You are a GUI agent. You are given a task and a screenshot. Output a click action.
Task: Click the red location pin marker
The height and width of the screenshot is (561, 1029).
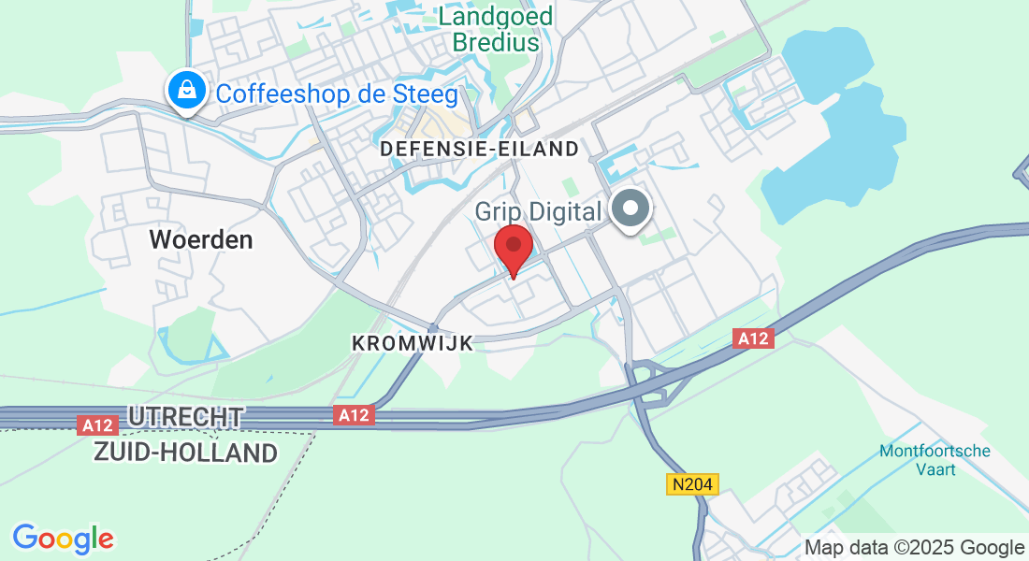coord(513,247)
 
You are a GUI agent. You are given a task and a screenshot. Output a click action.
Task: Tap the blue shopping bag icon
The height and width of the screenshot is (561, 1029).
coord(188,91)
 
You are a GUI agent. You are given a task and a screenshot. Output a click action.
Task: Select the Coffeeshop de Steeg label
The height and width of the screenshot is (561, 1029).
coord(337,94)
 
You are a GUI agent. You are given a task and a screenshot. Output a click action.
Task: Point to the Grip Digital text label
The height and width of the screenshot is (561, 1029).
coord(538,211)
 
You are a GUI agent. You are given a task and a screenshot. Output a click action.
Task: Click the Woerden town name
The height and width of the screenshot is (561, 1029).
coord(201,239)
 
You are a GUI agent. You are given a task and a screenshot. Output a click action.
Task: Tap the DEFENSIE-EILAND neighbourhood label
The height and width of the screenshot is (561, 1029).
coord(479,149)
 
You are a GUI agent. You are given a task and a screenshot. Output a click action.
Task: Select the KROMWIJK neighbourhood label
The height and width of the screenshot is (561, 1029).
coord(413,343)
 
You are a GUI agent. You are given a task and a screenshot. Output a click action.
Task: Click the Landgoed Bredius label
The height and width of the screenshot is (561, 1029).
coord(496,29)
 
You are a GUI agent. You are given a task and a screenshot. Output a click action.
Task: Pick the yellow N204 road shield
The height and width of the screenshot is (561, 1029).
coord(693,483)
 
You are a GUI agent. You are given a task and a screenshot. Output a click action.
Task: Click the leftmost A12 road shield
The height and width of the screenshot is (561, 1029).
coord(97,425)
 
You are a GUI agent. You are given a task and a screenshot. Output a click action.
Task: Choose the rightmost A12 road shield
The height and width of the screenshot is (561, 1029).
coord(753,338)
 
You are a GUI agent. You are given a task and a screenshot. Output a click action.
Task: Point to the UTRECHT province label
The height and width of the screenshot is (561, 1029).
coord(186,417)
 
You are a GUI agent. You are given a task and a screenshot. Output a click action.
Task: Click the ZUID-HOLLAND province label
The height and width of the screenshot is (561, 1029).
coord(186,453)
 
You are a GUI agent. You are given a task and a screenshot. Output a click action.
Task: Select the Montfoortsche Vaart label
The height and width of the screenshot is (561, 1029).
coord(935,459)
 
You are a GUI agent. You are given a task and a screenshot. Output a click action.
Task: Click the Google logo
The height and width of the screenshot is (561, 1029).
coord(63,538)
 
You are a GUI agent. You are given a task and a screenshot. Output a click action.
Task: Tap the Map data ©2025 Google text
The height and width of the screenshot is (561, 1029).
coord(914,547)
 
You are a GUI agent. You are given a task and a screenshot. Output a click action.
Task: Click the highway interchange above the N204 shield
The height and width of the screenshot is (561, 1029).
coord(650,383)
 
